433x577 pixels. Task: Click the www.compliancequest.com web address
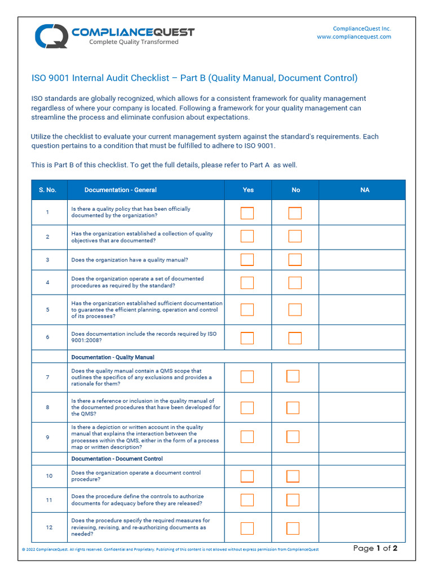pyautogui.click(x=354, y=37)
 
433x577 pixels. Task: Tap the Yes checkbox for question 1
pyautogui.click(x=247, y=213)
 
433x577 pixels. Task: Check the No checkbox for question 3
pyautogui.click(x=295, y=260)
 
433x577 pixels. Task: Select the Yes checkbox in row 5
pyautogui.click(x=247, y=309)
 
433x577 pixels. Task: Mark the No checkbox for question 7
pyautogui.click(x=293, y=376)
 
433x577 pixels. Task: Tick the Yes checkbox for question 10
pyautogui.click(x=247, y=476)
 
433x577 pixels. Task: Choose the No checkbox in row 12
pyautogui.click(x=293, y=528)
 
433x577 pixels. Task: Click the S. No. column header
pyautogui.click(x=47, y=190)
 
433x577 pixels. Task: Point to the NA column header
pyautogui.click(x=365, y=190)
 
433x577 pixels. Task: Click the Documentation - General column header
pyautogui.click(x=121, y=190)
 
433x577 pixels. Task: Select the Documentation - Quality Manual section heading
pyautogui.click(x=113, y=357)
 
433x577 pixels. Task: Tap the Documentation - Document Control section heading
pyautogui.click(x=117, y=459)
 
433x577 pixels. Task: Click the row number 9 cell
pyautogui.click(x=47, y=437)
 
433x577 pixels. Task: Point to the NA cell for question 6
pyautogui.click(x=361, y=338)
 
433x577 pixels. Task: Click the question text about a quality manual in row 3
pyautogui.click(x=130, y=260)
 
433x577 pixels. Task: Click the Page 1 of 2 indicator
pyautogui.click(x=375, y=548)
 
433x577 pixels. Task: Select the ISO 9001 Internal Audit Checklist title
pyautogui.click(x=194, y=78)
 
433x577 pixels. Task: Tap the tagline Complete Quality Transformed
pyautogui.click(x=134, y=42)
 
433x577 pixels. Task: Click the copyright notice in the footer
pyautogui.click(x=170, y=549)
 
